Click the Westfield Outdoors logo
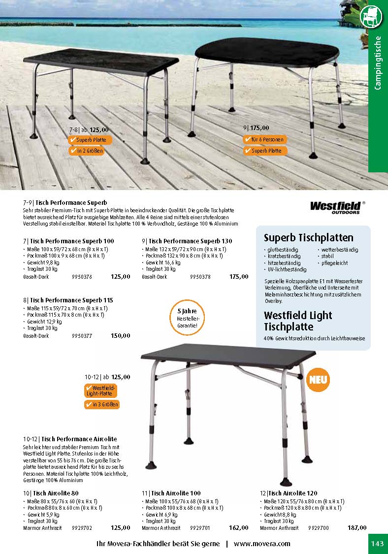coord(337,207)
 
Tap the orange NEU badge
coord(319,380)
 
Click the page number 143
coord(377,544)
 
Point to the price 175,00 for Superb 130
coord(239,277)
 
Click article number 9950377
coord(82,336)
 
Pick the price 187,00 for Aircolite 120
coord(356,528)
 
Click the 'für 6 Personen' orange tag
coord(264,139)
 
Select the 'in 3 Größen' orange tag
coord(101,405)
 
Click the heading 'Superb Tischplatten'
coord(308,238)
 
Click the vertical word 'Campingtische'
coord(378,63)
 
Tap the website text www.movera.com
coord(262,544)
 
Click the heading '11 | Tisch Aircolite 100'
coord(171,493)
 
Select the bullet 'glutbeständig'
coord(283,250)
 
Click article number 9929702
coord(82,528)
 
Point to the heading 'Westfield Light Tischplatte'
coord(298,321)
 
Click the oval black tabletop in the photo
coord(265,51)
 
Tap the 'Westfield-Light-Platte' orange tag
coord(101,391)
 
